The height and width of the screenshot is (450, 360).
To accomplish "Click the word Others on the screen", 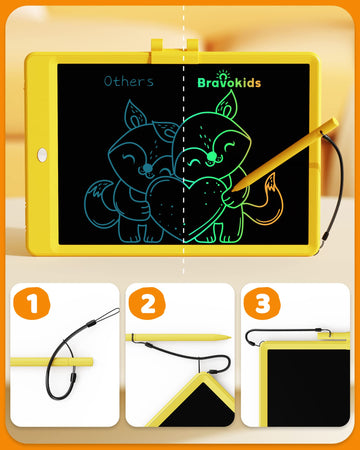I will (x=129, y=82).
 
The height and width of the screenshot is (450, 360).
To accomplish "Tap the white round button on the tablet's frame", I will (x=42, y=155).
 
